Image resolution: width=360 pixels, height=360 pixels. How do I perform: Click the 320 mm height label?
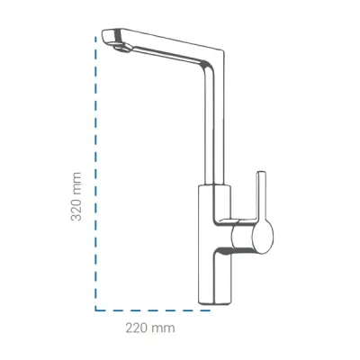pos(76,196)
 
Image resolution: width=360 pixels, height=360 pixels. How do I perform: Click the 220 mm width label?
pos(150,328)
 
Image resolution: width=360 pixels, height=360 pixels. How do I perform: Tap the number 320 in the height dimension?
pos(76,209)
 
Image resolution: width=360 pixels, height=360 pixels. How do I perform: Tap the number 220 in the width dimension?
pos(138,328)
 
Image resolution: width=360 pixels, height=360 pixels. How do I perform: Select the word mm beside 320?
pos(76,182)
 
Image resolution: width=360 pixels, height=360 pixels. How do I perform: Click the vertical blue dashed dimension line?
pos(95,174)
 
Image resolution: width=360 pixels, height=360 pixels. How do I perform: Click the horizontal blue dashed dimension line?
pos(152,310)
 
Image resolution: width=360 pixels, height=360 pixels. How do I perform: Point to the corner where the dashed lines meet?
pos(95,310)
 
